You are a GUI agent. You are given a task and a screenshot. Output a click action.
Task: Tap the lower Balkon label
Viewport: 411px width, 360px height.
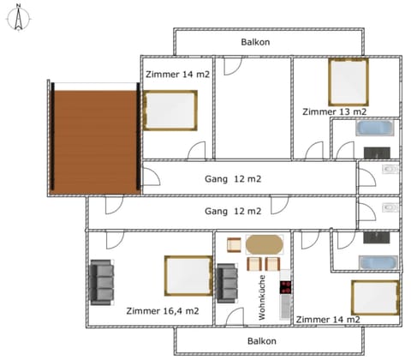(x=261, y=340)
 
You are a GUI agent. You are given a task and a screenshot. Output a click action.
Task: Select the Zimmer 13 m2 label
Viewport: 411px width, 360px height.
(x=334, y=111)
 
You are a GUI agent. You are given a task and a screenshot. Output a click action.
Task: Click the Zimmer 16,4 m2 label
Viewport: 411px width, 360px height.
(x=162, y=310)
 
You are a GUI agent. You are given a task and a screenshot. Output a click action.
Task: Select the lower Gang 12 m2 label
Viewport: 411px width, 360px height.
(x=232, y=210)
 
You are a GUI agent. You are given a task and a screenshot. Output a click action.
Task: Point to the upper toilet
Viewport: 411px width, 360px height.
(x=390, y=171)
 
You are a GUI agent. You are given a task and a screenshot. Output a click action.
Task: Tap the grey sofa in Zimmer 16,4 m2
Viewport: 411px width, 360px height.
(x=102, y=281)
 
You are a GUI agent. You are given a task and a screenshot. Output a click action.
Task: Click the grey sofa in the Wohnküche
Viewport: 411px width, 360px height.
(x=228, y=282)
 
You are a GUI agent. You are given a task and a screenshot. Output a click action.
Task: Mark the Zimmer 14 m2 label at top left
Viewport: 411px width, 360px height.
(x=177, y=74)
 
